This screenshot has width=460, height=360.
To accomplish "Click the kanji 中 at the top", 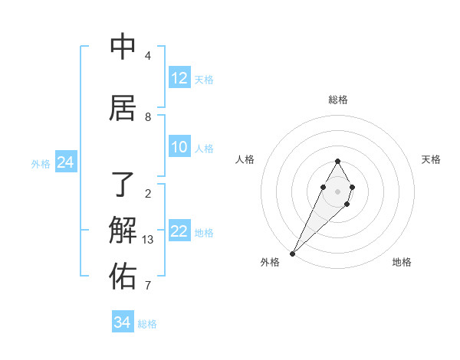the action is click(x=123, y=46).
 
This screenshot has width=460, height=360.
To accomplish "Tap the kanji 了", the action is click(x=123, y=184).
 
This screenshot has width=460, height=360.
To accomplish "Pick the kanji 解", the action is click(x=123, y=230).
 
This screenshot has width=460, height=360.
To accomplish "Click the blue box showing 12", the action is click(x=179, y=78).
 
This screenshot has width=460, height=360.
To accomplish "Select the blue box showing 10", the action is click(x=179, y=147).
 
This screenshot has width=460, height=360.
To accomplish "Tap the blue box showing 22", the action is click(x=179, y=231).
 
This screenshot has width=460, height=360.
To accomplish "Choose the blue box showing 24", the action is click(x=65, y=162).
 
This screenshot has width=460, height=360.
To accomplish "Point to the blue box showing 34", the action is click(x=123, y=322).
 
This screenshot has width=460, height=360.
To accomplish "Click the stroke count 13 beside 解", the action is click(x=148, y=240).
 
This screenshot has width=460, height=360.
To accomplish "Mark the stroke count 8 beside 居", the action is click(x=148, y=117).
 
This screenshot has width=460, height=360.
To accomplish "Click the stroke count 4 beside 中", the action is click(x=148, y=56).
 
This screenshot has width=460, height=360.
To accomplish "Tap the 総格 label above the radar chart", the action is click(x=337, y=100).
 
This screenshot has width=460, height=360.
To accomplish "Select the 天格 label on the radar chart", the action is click(x=431, y=159).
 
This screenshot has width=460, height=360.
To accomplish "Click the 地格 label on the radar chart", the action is click(x=402, y=262).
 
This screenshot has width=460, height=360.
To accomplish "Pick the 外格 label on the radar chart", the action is click(x=270, y=262).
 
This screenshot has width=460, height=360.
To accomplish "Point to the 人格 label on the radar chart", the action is click(x=245, y=159).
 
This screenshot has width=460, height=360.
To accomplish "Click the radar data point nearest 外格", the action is click(x=292, y=253).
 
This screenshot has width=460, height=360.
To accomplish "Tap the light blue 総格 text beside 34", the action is click(x=147, y=324).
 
